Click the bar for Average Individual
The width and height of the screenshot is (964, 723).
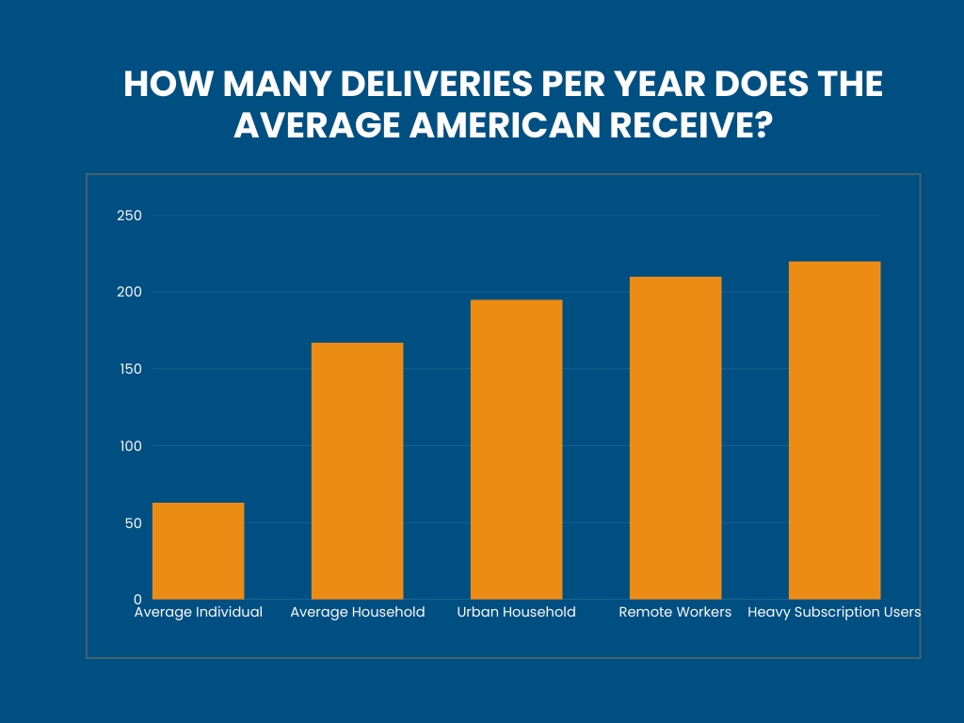pos(198,551)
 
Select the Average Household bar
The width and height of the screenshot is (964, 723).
pos(357,471)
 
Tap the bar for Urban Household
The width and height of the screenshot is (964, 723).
pos(516,449)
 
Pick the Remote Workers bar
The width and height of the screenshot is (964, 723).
pos(675,438)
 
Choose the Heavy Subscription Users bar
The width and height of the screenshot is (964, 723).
pos(834,430)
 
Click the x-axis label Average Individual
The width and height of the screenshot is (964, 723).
pos(198,612)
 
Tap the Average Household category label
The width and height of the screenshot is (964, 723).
pos(357,612)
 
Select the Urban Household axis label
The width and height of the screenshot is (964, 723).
pos(516,612)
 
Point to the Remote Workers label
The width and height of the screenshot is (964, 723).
pos(675,612)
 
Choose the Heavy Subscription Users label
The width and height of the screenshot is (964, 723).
pos(834,612)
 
